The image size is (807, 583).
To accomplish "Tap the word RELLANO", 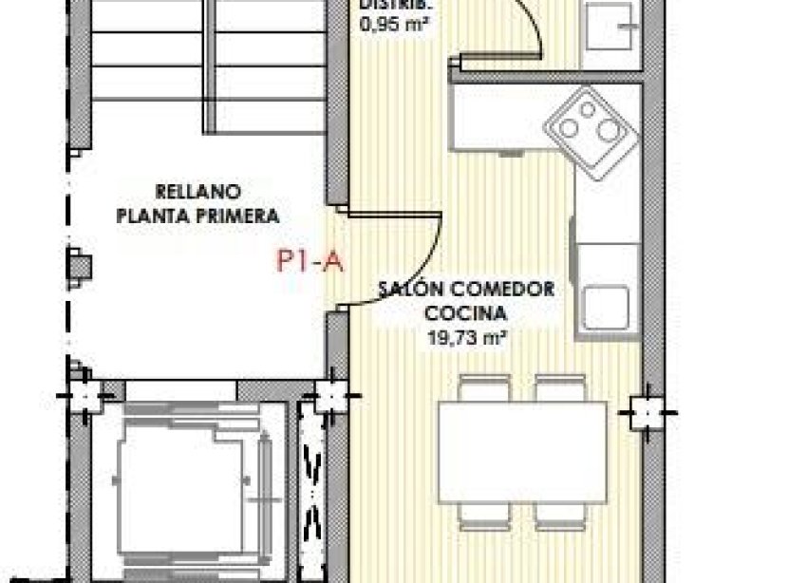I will pos(197,190).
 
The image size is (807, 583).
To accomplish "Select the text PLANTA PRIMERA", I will pos(197,216).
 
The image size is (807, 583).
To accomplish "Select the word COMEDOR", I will pos(507,289).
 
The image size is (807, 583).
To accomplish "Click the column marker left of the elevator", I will pos(85,400).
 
